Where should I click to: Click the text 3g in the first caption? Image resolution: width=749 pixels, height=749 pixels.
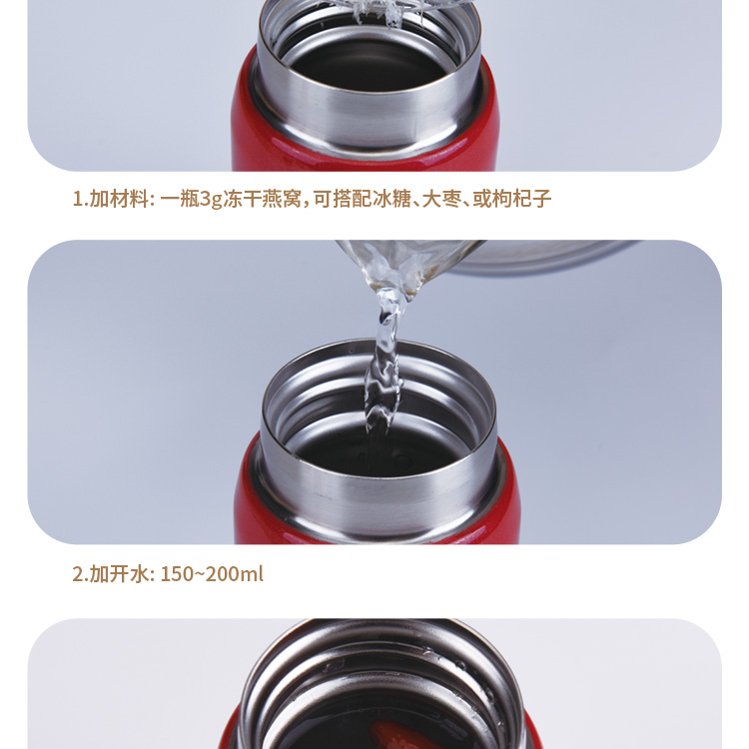pos(211,199)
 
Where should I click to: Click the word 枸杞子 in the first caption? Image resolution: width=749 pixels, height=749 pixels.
pos(522,199)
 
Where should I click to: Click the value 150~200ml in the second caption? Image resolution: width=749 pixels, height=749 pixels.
pos(211,574)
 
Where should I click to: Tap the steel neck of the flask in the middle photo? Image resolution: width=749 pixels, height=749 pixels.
pos(379,489)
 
